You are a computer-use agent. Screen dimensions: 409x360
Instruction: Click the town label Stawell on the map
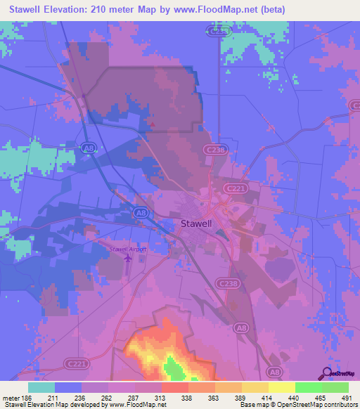[192, 225]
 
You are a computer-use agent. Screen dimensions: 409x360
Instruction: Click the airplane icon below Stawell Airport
[127, 259]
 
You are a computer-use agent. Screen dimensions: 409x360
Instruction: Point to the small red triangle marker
[153, 125]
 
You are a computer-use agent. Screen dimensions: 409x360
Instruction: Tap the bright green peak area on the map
[172, 367]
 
